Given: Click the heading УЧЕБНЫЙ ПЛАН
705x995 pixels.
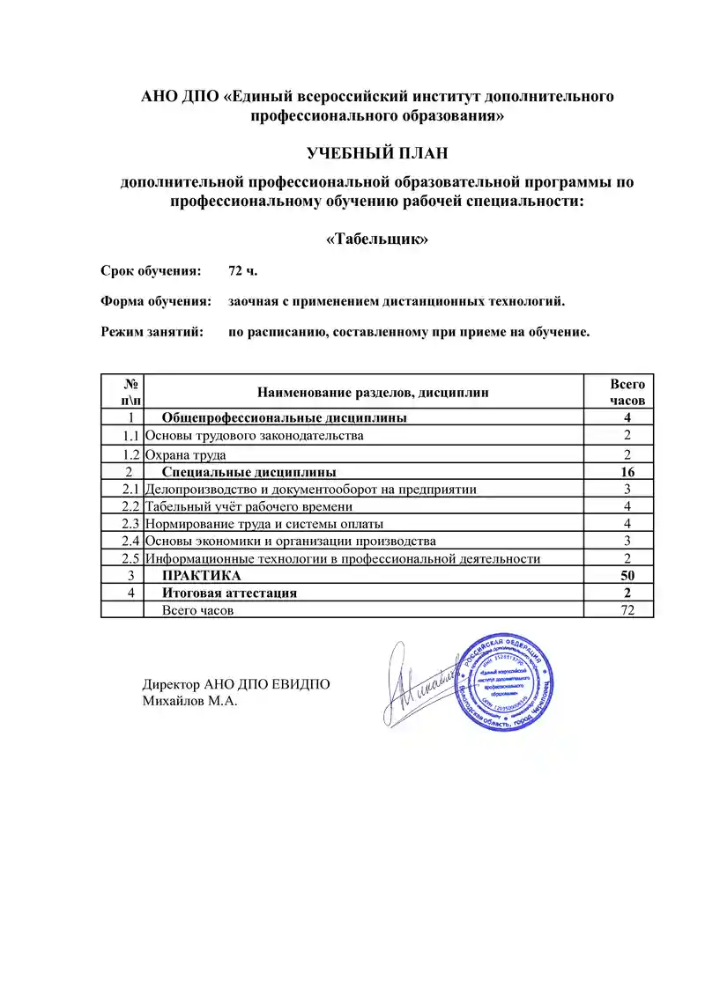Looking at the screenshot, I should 377,154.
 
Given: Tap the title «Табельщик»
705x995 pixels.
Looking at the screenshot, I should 377,239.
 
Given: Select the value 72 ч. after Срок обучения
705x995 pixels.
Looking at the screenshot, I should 242,270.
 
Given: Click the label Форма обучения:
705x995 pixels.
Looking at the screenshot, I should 156,302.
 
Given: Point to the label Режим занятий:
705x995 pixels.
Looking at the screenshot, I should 152,333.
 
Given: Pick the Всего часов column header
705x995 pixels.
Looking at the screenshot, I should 627,392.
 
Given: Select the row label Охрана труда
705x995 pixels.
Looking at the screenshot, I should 186,455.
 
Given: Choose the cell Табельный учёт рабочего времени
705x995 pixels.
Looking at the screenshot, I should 249,506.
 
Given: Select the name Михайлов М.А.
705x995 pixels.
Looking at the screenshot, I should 190,702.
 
